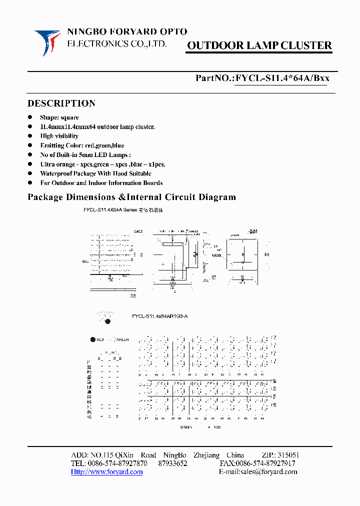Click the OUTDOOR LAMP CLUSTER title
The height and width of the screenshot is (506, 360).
tap(259, 46)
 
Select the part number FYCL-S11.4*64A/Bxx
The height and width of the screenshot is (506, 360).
tap(282, 78)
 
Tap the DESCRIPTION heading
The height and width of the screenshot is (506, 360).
tap(61, 103)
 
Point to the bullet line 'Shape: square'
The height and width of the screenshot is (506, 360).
tap(59, 117)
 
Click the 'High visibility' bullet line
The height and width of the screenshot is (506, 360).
tap(59, 136)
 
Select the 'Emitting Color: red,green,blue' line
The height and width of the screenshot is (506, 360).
tap(82, 145)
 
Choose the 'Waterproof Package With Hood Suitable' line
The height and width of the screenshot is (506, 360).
tap(95, 173)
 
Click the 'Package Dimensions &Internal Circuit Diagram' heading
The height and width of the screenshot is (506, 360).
tap(131, 197)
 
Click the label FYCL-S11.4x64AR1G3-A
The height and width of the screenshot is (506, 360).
tap(159, 316)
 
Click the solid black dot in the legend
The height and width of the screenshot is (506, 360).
tap(92, 339)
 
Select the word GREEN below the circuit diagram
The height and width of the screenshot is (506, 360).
tap(186, 427)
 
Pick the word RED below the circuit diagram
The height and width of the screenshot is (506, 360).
tap(217, 427)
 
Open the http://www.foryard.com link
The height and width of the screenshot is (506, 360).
tap(106, 471)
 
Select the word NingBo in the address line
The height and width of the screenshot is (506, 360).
tap(174, 455)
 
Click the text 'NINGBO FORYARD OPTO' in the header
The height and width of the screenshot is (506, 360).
tap(127, 32)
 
